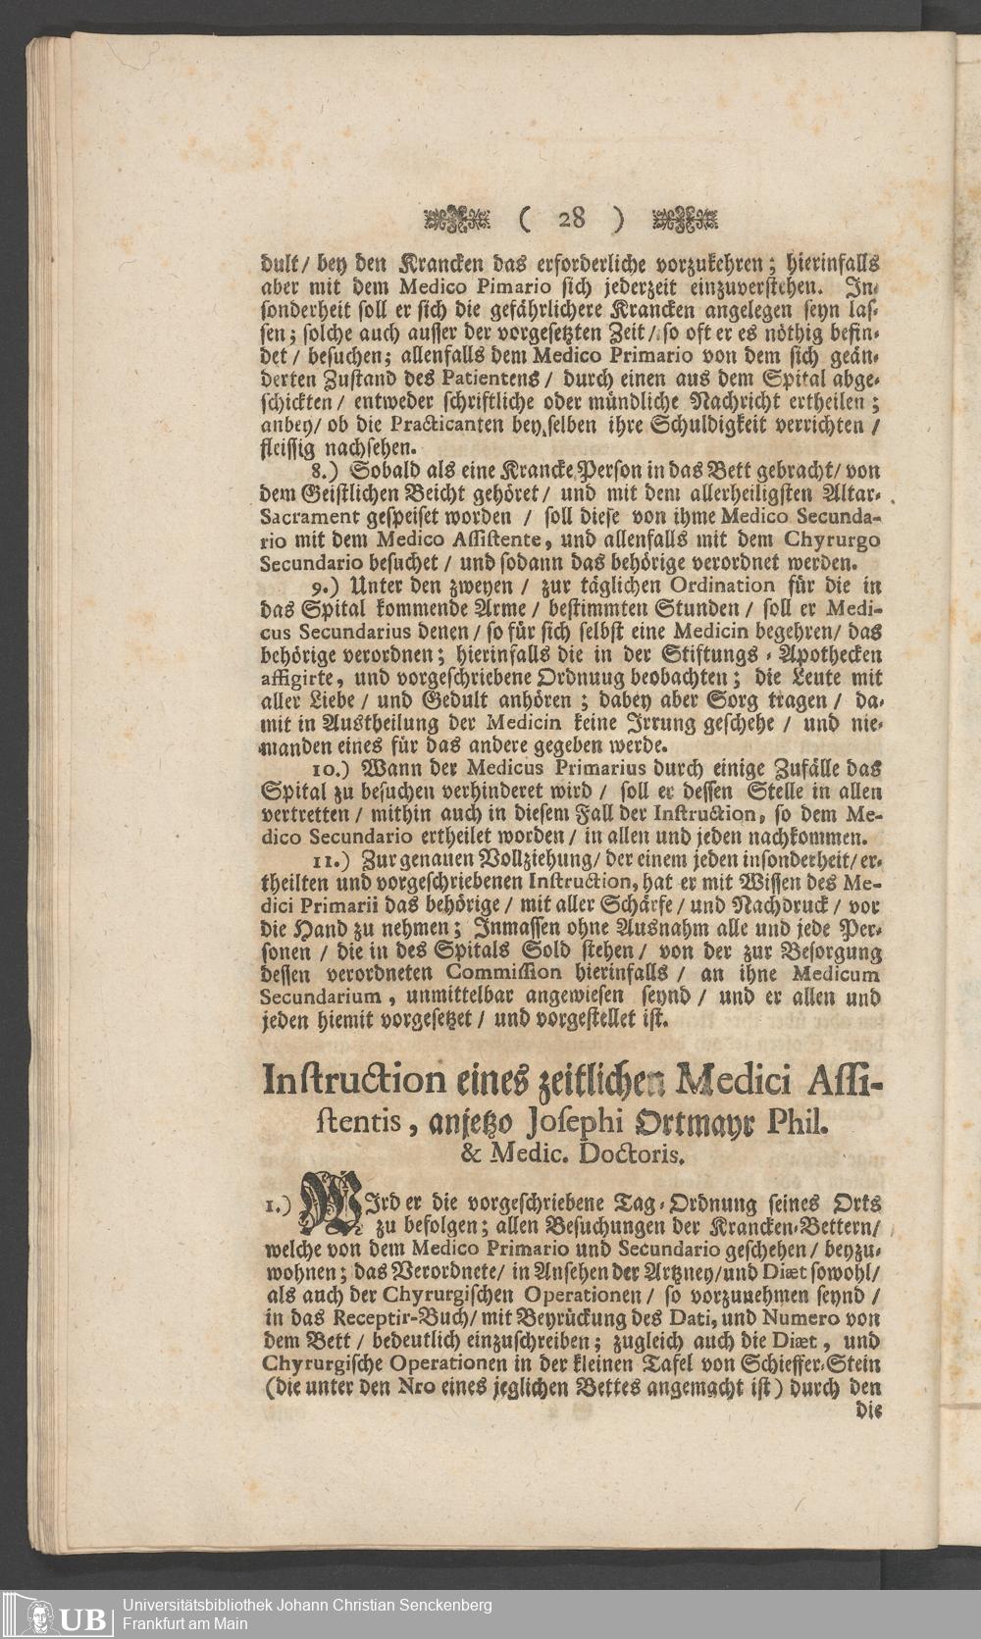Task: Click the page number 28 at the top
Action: pos(572,219)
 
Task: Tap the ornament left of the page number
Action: pos(456,219)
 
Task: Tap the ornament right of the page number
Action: pos(685,219)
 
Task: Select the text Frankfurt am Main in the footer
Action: pos(186,1622)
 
